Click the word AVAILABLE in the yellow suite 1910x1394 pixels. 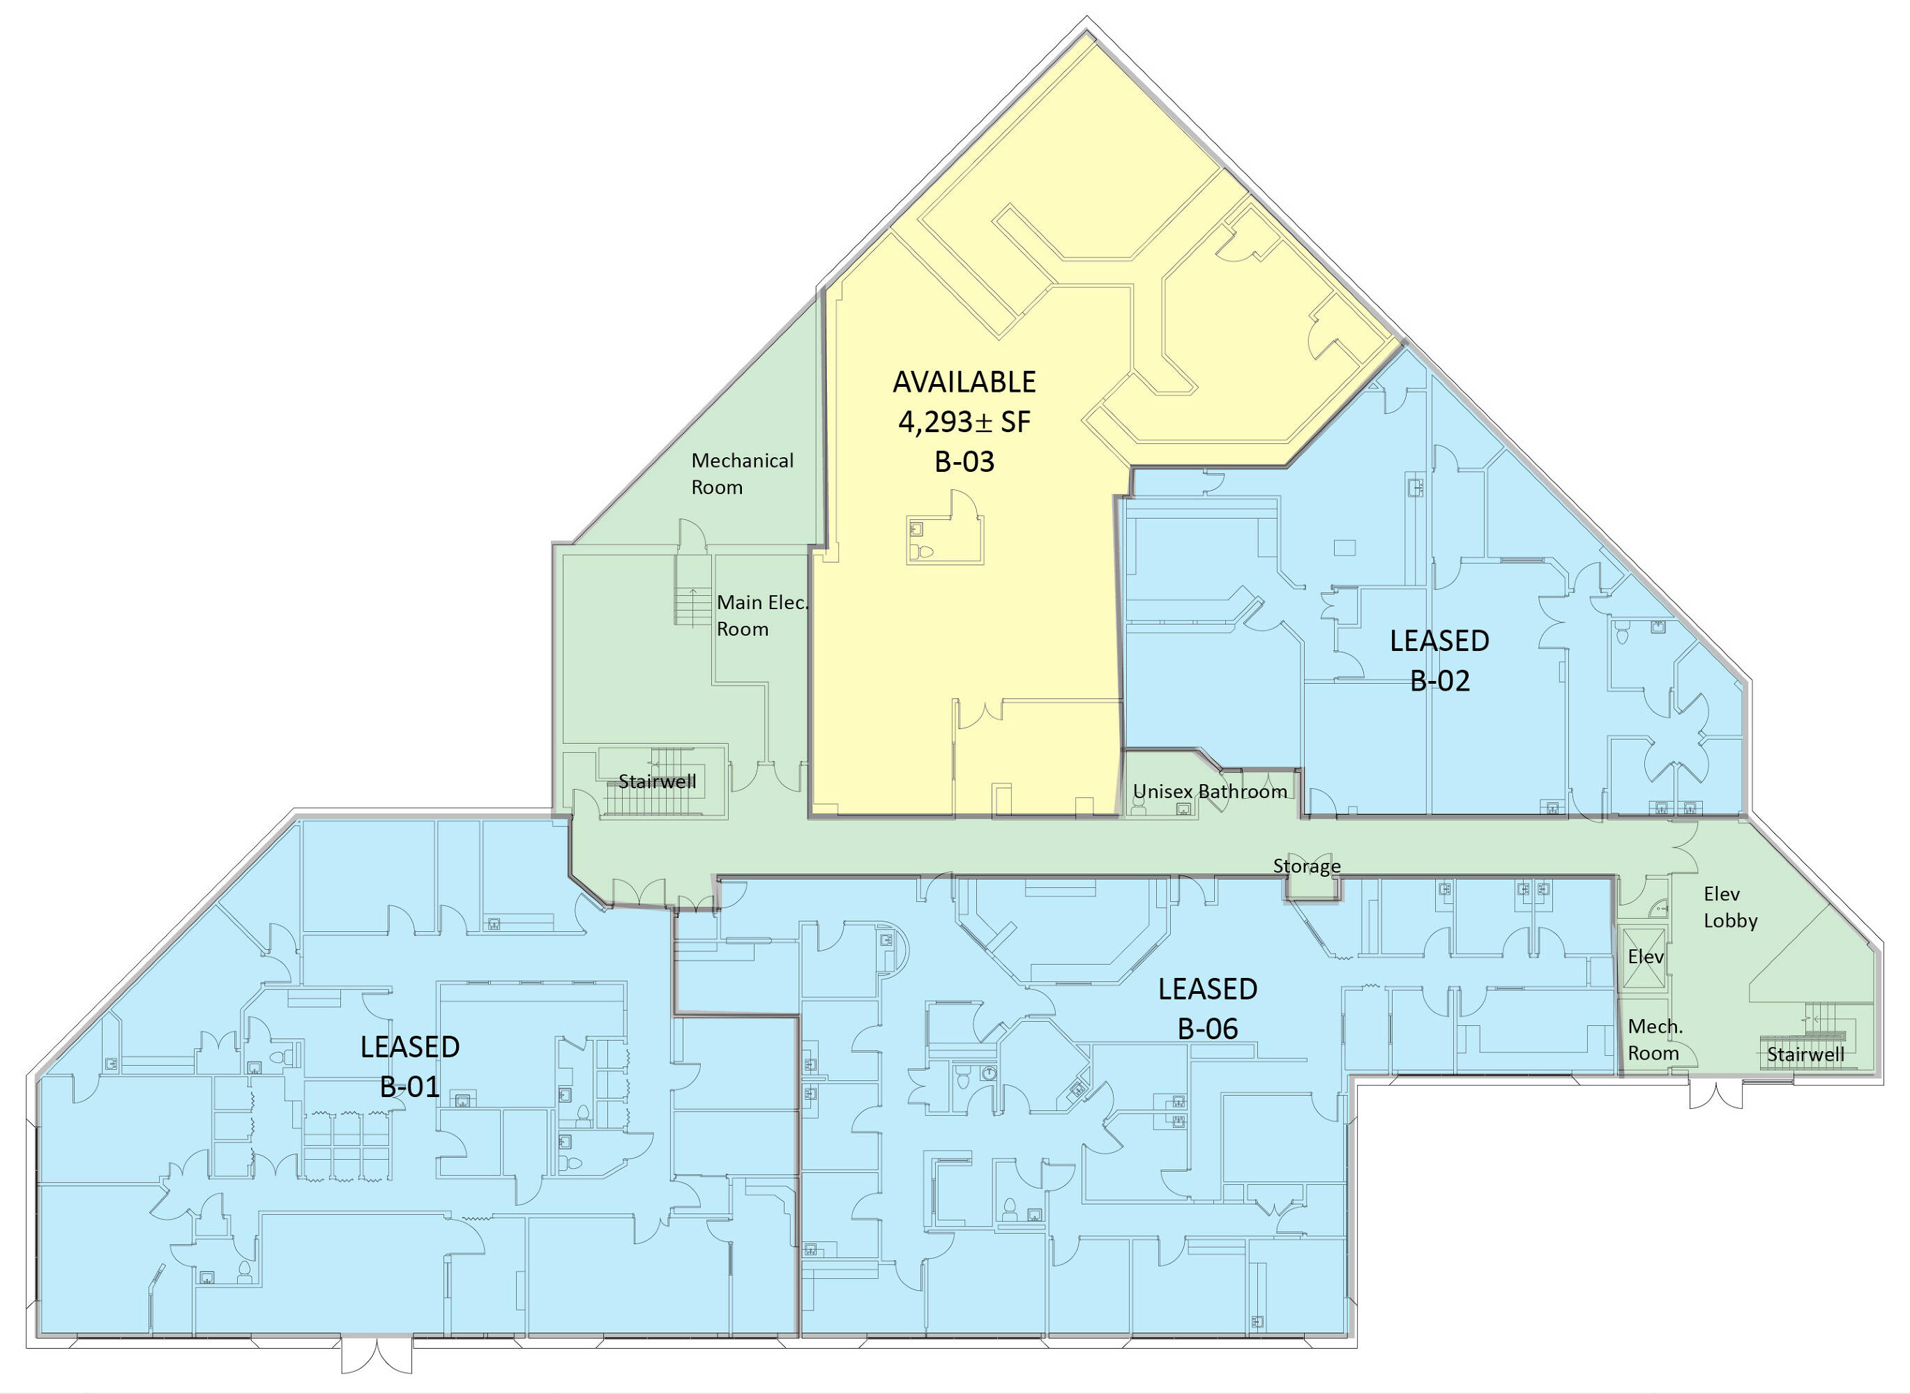click(964, 381)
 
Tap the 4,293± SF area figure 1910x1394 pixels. click(964, 421)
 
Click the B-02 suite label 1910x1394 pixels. click(1440, 680)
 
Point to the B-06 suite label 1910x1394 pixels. click(1208, 1028)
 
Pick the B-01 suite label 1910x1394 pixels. click(410, 1086)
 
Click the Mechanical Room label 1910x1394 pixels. click(742, 473)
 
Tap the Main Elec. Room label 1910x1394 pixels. click(762, 615)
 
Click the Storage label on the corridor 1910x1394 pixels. click(1307, 866)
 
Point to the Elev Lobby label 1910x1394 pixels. click(1730, 907)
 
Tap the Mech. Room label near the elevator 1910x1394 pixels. click(1653, 1040)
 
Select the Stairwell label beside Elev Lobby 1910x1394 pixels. click(1805, 1054)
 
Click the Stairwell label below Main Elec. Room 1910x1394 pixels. click(658, 781)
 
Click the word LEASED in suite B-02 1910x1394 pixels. click(1440, 641)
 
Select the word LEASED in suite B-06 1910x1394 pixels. click(1208, 988)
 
